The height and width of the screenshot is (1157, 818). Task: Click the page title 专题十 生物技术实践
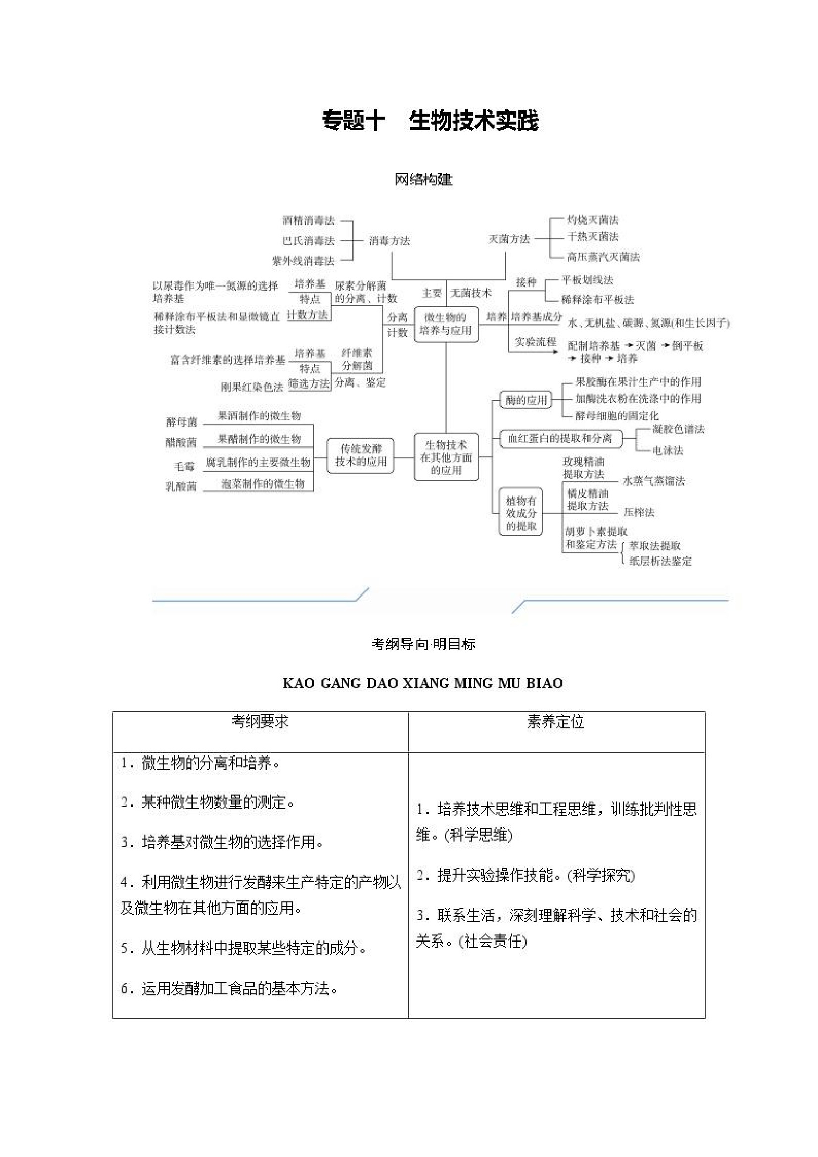click(430, 121)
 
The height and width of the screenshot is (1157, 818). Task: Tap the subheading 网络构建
click(423, 179)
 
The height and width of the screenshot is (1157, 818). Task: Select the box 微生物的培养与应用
click(446, 324)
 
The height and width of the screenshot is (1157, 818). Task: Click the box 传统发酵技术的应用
click(361, 455)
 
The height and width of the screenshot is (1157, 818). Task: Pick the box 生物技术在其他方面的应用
click(446, 457)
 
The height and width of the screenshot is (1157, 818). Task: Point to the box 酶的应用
click(526, 400)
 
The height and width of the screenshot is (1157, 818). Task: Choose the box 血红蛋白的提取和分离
click(559, 439)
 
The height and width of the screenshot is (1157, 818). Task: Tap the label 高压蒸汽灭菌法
click(603, 257)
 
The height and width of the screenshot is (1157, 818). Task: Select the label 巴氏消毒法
click(309, 241)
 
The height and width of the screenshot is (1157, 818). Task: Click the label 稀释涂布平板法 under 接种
click(598, 299)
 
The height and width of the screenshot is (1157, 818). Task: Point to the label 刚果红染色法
click(252, 387)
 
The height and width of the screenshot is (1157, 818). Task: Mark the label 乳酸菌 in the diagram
click(181, 486)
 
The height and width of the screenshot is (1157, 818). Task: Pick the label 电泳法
click(668, 450)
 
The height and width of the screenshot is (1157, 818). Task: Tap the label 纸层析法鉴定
click(660, 561)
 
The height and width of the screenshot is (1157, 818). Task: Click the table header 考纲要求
click(260, 721)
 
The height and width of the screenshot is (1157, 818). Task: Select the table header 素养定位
click(556, 721)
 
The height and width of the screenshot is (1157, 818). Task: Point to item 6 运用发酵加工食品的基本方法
click(229, 989)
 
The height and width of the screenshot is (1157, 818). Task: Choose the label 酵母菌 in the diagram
click(182, 422)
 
